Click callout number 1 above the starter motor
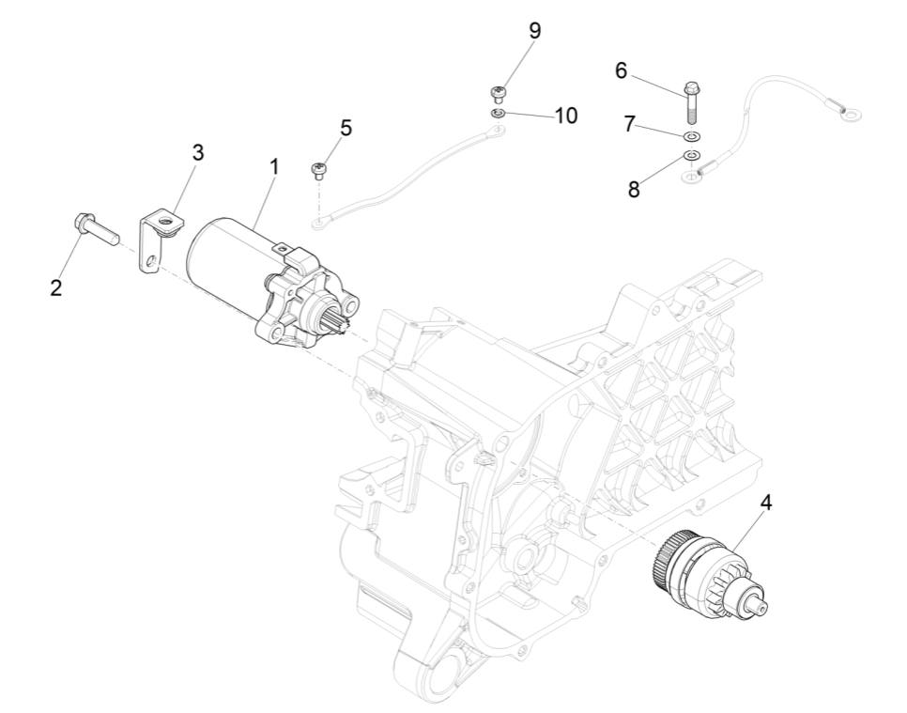pyautogui.click(x=274, y=167)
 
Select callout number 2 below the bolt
pyautogui.click(x=56, y=288)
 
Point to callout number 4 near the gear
pyautogui.click(x=766, y=503)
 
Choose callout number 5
pyautogui.click(x=346, y=129)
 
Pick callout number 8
pyautogui.click(x=635, y=188)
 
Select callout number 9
pyautogui.click(x=534, y=30)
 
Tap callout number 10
pyautogui.click(x=565, y=116)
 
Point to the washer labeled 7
pyautogui.click(x=691, y=137)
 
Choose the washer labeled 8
pyautogui.click(x=691, y=155)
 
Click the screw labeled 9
pyautogui.click(x=500, y=93)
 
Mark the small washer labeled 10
pyautogui.click(x=500, y=114)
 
